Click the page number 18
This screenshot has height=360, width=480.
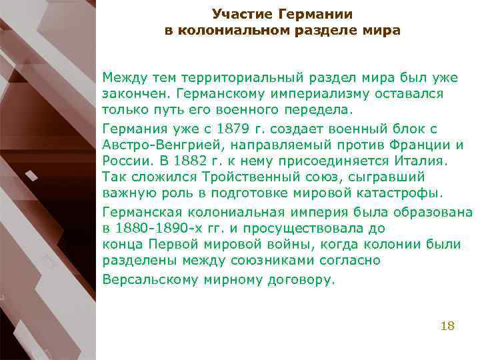447,326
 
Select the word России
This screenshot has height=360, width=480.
125,161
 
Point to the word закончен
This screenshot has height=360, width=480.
134,95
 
